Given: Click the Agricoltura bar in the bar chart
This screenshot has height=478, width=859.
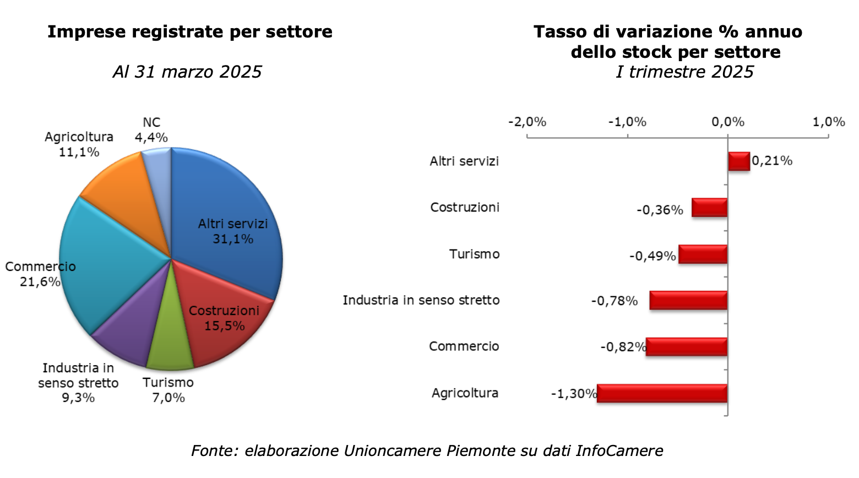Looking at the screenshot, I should (x=662, y=393).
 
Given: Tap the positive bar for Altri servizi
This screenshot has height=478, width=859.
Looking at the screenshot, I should (x=739, y=161).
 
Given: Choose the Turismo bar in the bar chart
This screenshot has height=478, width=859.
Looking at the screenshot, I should (x=703, y=254).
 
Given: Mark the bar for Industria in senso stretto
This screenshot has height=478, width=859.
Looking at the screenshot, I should (x=688, y=301).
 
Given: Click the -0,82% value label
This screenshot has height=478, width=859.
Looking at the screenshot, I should (x=623, y=347).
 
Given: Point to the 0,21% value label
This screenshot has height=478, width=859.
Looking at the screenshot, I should (x=772, y=161).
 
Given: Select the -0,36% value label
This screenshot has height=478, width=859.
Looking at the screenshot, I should (x=660, y=210).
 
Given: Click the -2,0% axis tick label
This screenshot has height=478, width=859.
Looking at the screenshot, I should (x=527, y=122).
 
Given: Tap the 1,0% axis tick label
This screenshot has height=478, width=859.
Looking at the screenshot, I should (x=829, y=122).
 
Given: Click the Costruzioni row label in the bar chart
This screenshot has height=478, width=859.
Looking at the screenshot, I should (x=465, y=208).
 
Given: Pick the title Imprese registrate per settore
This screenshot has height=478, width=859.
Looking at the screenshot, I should (x=189, y=32).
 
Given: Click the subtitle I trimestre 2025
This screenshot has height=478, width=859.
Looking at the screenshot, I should (x=684, y=72).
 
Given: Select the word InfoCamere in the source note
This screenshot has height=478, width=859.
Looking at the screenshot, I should (x=619, y=451).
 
